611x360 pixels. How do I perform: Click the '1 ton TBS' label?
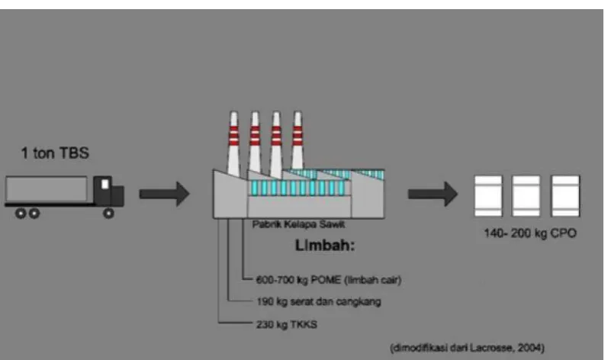click(x=55, y=153)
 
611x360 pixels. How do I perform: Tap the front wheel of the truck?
click(x=108, y=213)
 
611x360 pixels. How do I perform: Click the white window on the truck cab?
click(x=105, y=184)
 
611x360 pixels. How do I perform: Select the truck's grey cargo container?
click(x=47, y=189)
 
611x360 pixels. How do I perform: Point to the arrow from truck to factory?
click(x=165, y=194)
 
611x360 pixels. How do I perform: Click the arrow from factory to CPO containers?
click(x=433, y=194)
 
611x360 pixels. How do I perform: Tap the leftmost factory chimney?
click(x=233, y=143)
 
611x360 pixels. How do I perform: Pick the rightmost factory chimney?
click(x=297, y=140)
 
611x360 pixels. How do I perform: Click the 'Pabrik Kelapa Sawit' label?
click(x=298, y=224)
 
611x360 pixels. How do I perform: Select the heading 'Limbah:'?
click(x=325, y=246)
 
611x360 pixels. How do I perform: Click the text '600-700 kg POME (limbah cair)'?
click(x=329, y=280)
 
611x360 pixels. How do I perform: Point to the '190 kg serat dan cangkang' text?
click(x=318, y=301)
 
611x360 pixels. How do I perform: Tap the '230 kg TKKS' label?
click(x=286, y=325)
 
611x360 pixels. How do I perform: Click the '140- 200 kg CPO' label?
click(x=530, y=233)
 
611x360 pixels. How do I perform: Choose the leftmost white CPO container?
click(x=488, y=196)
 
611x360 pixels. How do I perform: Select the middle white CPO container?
click(x=526, y=196)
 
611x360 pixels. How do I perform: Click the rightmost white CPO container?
click(x=565, y=196)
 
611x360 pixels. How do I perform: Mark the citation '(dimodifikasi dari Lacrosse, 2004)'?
click(x=467, y=348)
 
